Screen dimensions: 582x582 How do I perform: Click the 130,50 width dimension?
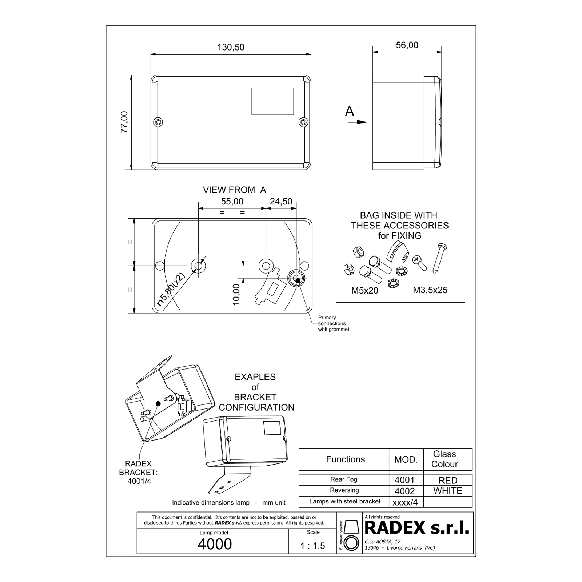tap(231, 47)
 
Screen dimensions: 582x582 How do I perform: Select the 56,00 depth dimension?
tap(407, 45)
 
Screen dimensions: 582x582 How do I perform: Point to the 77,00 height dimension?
tap(124, 122)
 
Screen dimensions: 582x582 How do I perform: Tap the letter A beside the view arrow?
tap(350, 111)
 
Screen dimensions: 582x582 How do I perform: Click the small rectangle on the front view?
tap(272, 101)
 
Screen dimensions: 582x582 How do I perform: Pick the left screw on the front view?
tap(158, 122)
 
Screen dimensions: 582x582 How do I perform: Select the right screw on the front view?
tap(303, 122)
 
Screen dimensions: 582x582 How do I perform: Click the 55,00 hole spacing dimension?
tap(232, 202)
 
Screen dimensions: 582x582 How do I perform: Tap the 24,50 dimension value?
tap(281, 202)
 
